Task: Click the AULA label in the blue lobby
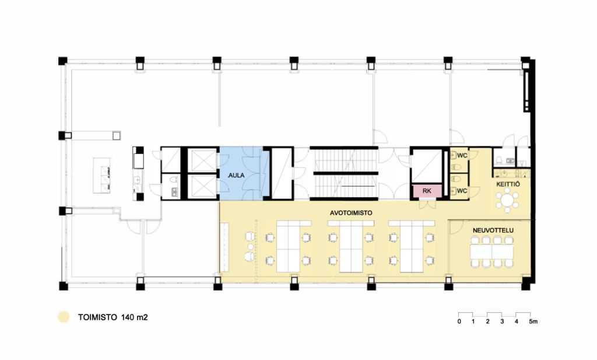(x=236, y=176)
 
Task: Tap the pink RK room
(x=427, y=190)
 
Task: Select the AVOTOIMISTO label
(x=351, y=213)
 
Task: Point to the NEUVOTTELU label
(x=493, y=230)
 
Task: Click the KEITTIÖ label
(x=508, y=184)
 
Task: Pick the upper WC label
(x=462, y=155)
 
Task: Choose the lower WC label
(x=462, y=190)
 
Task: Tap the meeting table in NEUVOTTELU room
(x=491, y=251)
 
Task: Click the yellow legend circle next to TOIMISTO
(x=64, y=317)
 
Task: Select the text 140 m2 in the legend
(x=135, y=317)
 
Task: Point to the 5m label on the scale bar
(x=533, y=321)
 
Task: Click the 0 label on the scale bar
(x=459, y=321)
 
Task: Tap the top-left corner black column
(x=63, y=61)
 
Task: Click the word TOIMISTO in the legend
(x=97, y=317)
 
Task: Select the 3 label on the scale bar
(x=502, y=321)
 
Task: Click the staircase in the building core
(x=344, y=173)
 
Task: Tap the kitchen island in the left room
(x=102, y=176)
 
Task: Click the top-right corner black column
(x=525, y=61)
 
